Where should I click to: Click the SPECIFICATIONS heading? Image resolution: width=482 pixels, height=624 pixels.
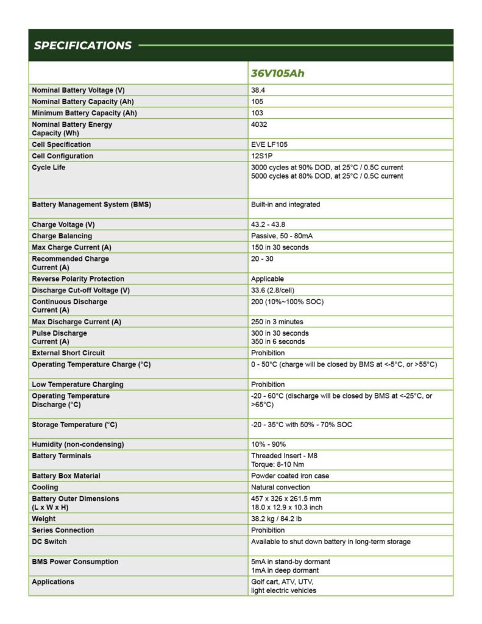pos(82,46)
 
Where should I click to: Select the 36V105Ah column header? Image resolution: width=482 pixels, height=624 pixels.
pos(277,74)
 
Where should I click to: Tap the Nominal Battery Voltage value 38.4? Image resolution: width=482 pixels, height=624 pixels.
pos(258,90)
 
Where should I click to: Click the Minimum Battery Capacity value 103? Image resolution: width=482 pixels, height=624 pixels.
pos(257,113)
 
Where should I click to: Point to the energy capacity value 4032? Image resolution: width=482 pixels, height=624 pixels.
pos(259,124)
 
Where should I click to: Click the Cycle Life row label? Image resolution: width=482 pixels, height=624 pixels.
pos(48,168)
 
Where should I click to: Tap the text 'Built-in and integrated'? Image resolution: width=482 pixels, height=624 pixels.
pos(285,205)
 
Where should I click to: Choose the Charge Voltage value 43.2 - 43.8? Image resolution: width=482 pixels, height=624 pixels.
pos(272,224)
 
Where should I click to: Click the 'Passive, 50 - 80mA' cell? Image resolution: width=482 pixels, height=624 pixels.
pos(282,236)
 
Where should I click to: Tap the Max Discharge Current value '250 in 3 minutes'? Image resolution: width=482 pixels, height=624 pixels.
pos(277,322)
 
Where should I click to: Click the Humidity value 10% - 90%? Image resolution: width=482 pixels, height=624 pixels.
pos(268,444)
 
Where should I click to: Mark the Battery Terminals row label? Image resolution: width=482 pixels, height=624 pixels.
pos(61,456)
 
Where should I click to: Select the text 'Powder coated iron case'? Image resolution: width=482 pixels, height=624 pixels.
pos(289,476)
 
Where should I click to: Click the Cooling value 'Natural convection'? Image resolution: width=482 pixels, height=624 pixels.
pos(280,487)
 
